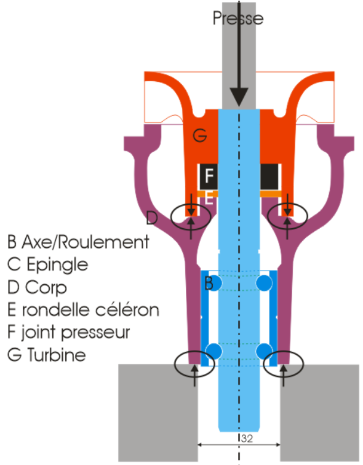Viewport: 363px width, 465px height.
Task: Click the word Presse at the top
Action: click(x=238, y=18)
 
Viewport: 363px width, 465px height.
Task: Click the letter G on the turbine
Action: click(x=199, y=136)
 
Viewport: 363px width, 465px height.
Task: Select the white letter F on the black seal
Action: click(x=209, y=176)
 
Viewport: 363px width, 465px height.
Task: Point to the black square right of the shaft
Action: click(x=269, y=177)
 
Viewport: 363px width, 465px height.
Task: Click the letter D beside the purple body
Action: click(x=152, y=218)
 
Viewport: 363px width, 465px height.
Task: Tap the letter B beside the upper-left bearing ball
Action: click(x=209, y=283)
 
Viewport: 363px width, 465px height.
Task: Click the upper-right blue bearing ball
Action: click(x=264, y=282)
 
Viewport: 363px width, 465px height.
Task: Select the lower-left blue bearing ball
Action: click(x=213, y=351)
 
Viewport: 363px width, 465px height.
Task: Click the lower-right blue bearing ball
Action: click(x=264, y=351)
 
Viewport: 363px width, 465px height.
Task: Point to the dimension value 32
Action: click(x=247, y=439)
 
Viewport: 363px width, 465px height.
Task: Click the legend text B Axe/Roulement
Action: click(x=78, y=242)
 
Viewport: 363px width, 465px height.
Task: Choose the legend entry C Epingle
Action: click(x=48, y=265)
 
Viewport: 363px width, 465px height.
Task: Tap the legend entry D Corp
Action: click(x=38, y=288)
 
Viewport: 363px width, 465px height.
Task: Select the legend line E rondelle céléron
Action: click(x=83, y=309)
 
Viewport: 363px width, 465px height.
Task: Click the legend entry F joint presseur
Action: click(x=69, y=333)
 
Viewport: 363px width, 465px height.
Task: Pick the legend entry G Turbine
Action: click(x=47, y=355)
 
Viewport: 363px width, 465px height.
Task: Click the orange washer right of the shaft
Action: click(x=271, y=194)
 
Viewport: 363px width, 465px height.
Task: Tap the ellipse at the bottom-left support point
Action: click(x=194, y=364)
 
